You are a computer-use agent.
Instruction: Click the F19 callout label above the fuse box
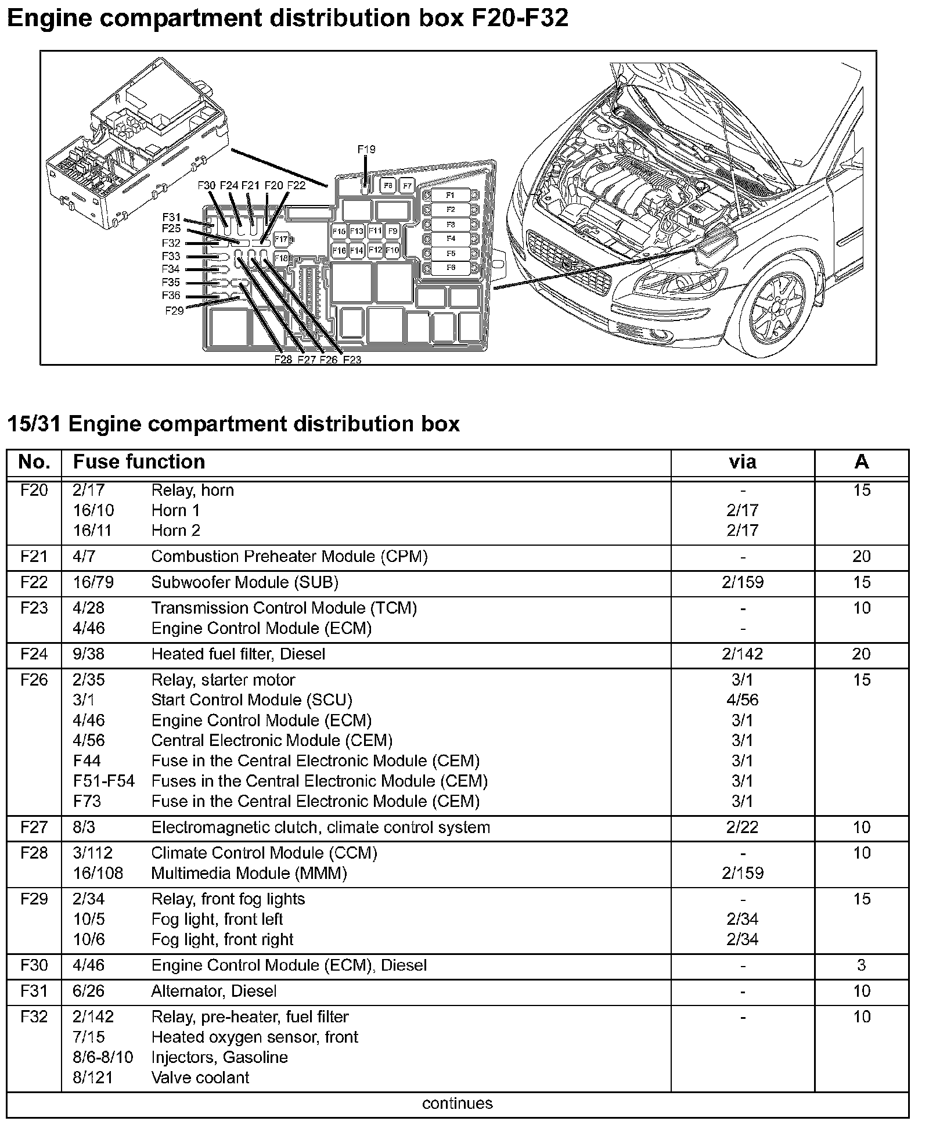point(366,149)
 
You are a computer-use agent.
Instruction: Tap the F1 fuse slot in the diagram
point(451,195)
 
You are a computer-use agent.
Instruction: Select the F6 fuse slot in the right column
point(451,268)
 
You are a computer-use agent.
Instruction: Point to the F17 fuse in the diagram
point(281,239)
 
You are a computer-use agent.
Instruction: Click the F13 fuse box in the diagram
point(357,231)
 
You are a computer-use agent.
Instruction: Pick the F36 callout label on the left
point(171,296)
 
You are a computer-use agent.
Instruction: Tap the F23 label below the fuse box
point(352,360)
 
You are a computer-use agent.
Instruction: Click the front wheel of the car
point(777,308)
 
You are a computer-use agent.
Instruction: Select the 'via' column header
point(742,462)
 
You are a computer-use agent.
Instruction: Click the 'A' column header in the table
point(861,462)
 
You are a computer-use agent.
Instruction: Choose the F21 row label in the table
point(34,556)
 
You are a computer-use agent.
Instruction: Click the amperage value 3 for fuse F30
point(861,965)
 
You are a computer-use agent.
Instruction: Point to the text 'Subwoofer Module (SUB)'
point(244,582)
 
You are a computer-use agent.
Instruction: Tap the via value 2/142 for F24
point(742,654)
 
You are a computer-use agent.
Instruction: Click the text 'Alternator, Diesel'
point(214,991)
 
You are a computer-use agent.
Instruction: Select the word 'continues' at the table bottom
point(457,1103)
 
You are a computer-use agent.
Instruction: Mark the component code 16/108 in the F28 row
point(98,873)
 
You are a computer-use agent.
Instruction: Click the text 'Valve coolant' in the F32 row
point(200,1077)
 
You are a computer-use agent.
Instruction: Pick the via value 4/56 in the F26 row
point(742,700)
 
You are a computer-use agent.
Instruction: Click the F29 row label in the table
point(34,899)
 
